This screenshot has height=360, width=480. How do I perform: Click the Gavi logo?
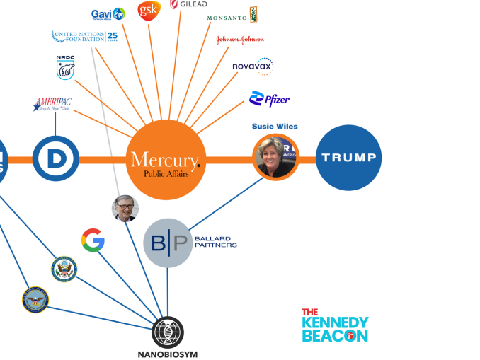[108, 13]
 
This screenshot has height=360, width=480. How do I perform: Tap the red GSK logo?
[149, 10]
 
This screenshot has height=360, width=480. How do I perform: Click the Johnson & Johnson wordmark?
[240, 40]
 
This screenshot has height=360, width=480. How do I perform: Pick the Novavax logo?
[253, 66]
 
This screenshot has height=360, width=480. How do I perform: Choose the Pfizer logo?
[269, 100]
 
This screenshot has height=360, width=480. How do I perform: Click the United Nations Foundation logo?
[84, 36]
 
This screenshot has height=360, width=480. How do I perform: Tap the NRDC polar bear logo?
[65, 68]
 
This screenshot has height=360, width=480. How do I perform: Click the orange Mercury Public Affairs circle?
[166, 160]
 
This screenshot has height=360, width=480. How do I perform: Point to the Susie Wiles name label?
[275, 127]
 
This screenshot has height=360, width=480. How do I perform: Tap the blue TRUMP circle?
[348, 158]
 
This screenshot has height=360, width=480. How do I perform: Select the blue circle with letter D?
[55, 159]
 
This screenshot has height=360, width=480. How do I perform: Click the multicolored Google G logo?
[93, 240]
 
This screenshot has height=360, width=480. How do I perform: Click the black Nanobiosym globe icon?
[168, 332]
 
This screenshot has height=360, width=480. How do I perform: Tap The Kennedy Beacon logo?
[335, 325]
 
